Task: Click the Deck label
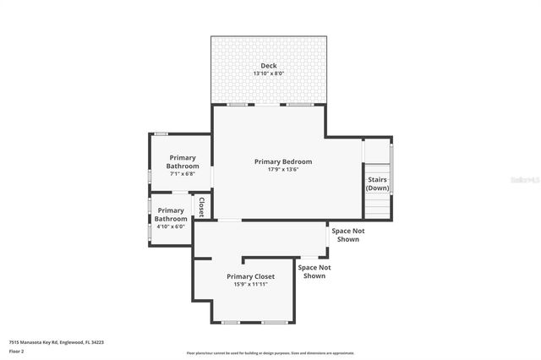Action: tap(268, 66)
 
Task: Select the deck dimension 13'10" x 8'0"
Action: tap(268, 74)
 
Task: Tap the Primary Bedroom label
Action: tap(283, 161)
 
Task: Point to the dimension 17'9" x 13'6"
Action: tap(283, 169)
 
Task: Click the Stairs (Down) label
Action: tap(378, 183)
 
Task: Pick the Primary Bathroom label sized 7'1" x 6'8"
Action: tap(182, 161)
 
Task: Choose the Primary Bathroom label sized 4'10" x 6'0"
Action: tap(171, 214)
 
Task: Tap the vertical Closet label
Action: tap(201, 207)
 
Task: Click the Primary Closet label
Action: tap(251, 276)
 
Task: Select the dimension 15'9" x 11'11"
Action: tap(251, 284)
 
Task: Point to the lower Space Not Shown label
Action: tap(314, 271)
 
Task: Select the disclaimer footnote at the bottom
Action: tap(270, 353)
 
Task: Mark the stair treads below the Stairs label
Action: tap(378, 205)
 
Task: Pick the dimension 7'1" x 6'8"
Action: tap(182, 173)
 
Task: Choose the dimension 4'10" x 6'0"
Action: tap(171, 226)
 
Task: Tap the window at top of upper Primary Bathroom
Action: tap(160, 134)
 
